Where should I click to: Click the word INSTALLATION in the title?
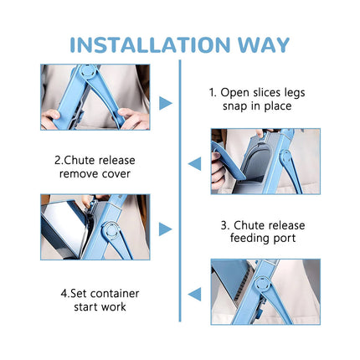pyautogui.click(x=150, y=44)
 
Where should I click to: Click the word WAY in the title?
pyautogui.click(x=264, y=44)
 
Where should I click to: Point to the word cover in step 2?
pyautogui.click(x=116, y=174)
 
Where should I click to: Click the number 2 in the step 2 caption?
pyautogui.click(x=58, y=161)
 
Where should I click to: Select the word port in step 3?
pyautogui.click(x=284, y=239)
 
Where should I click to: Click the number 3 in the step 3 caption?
pyautogui.click(x=224, y=225)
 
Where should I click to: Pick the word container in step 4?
pyautogui.click(x=115, y=294)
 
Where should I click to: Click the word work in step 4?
pyautogui.click(x=113, y=307)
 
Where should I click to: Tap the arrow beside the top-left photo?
pyautogui.click(x=166, y=103)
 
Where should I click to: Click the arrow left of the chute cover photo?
pyautogui.click(x=194, y=164)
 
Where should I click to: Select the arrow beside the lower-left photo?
pyautogui.click(x=166, y=229)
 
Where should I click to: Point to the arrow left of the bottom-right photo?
pyautogui.click(x=194, y=294)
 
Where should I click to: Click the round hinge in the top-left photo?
pyautogui.click(x=88, y=70)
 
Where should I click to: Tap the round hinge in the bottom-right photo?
pyautogui.click(x=262, y=285)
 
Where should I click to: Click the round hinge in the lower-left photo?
pyautogui.click(x=111, y=230)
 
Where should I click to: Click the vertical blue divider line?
pyautogui.click(x=180, y=191)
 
